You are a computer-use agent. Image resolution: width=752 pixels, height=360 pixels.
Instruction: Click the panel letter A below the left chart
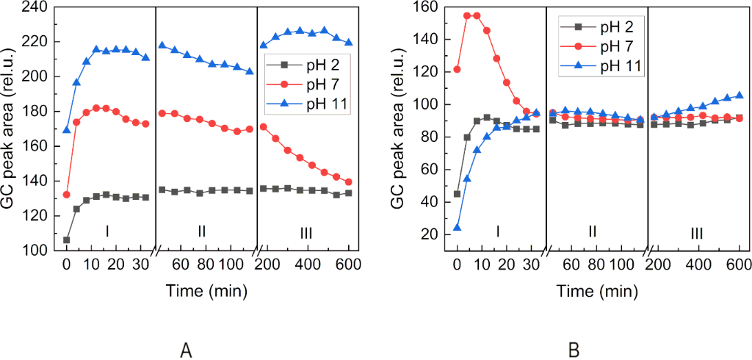pyautogui.click(x=187, y=347)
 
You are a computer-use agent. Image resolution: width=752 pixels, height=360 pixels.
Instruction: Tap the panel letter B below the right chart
pyautogui.click(x=577, y=347)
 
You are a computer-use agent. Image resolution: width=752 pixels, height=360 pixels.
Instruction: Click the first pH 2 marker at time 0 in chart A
pyautogui.click(x=67, y=240)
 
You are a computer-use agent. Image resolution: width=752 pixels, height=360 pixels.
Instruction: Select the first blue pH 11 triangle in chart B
pyautogui.click(x=458, y=227)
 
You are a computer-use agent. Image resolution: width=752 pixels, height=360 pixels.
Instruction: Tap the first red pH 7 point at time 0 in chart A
pyautogui.click(x=67, y=195)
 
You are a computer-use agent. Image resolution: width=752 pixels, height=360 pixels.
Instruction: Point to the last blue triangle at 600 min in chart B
pyautogui.click(x=739, y=95)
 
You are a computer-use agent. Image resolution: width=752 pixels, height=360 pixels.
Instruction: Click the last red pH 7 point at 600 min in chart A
pyautogui.click(x=348, y=182)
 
